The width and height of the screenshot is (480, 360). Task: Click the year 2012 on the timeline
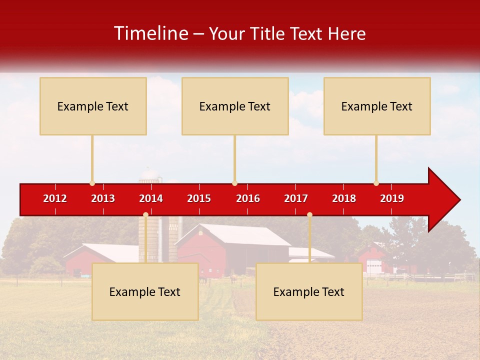[55, 198]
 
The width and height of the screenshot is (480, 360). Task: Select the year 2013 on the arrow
[103, 198]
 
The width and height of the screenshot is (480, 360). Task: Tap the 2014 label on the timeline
[151, 198]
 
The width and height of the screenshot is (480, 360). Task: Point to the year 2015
[199, 198]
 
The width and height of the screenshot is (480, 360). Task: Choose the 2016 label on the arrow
[248, 198]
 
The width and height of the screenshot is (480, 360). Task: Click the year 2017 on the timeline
[296, 198]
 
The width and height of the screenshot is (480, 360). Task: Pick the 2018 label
[344, 198]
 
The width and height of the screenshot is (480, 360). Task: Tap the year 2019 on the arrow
[392, 198]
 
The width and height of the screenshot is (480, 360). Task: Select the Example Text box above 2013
[93, 106]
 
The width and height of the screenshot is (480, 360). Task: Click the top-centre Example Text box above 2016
[235, 106]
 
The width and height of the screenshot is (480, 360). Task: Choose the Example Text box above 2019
[377, 106]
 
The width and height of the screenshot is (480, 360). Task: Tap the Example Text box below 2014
[145, 291]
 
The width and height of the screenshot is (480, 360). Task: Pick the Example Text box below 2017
[309, 291]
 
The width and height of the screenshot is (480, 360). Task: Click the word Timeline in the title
[150, 33]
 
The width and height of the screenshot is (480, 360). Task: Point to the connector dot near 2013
[92, 183]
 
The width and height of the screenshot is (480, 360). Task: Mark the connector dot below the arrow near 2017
[309, 214]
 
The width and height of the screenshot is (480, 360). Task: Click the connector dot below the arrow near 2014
[145, 214]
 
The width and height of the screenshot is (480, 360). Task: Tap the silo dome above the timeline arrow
[149, 174]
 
